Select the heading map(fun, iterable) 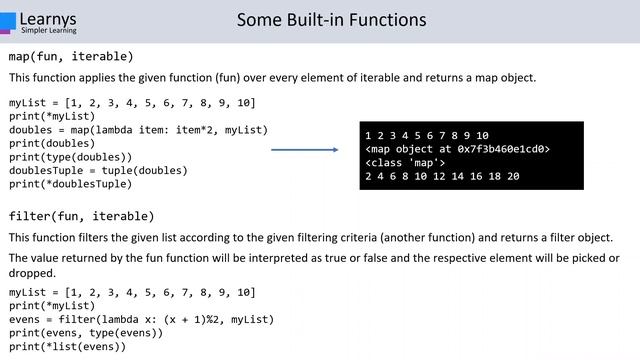tap(71, 56)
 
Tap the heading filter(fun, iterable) tap(81, 216)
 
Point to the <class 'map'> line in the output tap(406, 162)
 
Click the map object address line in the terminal tap(457, 149)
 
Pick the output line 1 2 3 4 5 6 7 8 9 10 tap(427, 135)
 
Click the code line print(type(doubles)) tap(71, 157)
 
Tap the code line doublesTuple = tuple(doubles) tap(98, 170)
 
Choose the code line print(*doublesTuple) tap(71, 184)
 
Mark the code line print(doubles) tap(51, 143)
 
